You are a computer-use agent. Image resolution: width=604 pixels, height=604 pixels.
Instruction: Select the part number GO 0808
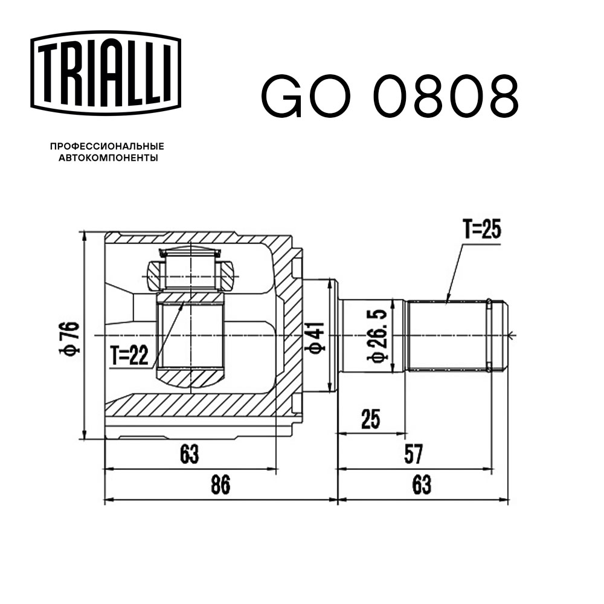pos(390,97)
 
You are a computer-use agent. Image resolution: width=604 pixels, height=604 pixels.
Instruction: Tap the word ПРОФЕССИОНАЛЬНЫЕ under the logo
pos(107,146)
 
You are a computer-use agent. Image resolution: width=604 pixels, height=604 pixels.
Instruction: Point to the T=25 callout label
pos(482,230)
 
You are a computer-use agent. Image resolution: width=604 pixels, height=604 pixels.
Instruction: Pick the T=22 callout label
pos(129,356)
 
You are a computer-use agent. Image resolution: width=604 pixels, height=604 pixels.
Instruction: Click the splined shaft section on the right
pos(447,335)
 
